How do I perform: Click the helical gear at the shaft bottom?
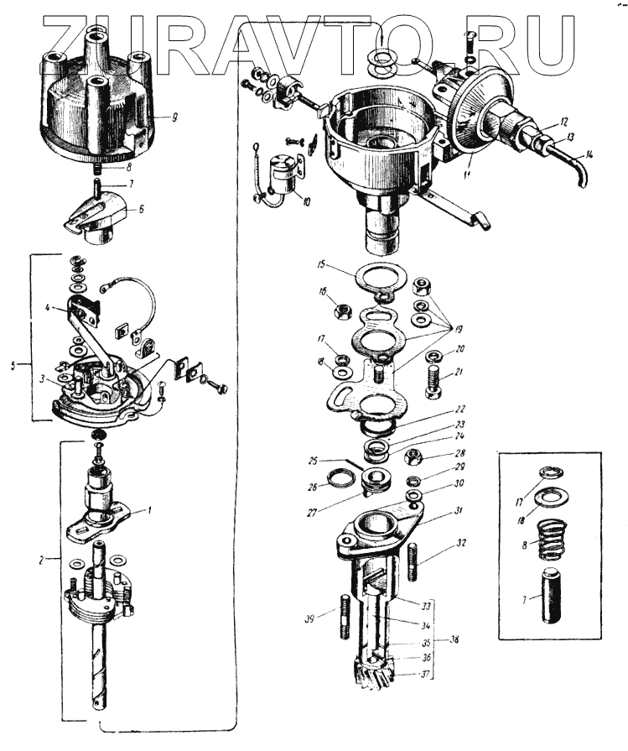(x=376, y=675)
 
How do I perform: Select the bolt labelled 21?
(x=433, y=381)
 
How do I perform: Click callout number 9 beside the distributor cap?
(x=174, y=117)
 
